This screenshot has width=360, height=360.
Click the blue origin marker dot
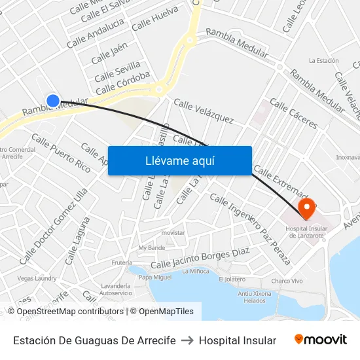[53, 101]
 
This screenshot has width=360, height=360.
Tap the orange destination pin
[306, 208]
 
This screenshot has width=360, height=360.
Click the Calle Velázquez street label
[204, 111]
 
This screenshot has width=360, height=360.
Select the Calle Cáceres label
[293, 114]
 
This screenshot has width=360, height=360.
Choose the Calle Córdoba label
[122, 82]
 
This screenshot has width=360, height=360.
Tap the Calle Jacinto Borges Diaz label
[200, 259]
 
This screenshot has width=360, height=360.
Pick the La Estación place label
[323, 61]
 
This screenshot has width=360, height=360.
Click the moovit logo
[321, 339]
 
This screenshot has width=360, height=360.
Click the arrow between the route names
[187, 340]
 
